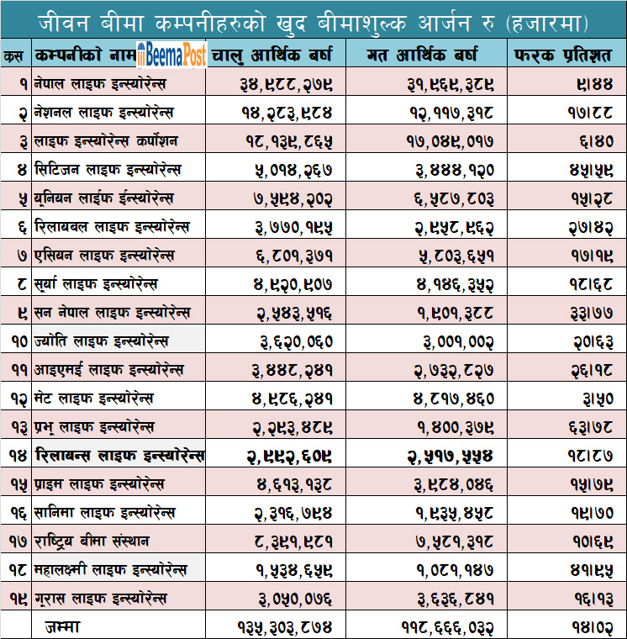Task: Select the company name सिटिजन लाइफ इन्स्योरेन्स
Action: click(109, 170)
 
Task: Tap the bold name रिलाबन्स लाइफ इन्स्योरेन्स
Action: click(120, 456)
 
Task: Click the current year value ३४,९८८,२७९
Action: click(284, 85)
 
